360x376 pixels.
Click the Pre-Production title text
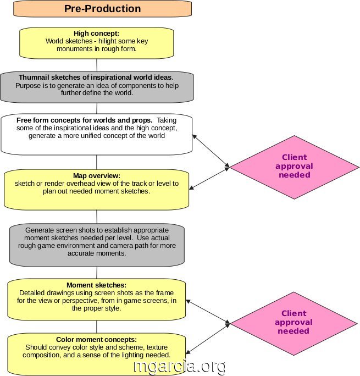tap(102, 9)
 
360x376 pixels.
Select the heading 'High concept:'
tap(96, 33)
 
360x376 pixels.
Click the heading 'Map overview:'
tap(97, 175)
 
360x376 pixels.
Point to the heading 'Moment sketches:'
tap(96, 285)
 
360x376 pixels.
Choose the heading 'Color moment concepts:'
tap(96, 340)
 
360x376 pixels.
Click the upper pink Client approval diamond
tap(295, 167)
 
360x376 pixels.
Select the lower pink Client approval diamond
tap(294, 323)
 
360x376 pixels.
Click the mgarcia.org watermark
tap(179, 367)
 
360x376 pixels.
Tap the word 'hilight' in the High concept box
tap(107, 41)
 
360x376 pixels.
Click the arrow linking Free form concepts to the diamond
tap(211, 151)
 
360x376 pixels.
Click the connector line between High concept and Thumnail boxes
tap(97, 65)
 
